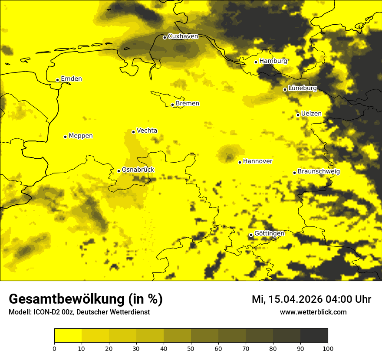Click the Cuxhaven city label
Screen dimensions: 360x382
183,36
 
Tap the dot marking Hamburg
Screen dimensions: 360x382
256,62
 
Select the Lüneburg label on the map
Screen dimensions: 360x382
302,88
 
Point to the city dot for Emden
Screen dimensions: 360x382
57,80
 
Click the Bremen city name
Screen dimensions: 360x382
188,104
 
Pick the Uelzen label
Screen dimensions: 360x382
311,114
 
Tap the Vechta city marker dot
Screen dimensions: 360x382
133,132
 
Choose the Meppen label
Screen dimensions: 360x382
81,136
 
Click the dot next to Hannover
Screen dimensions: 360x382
240,162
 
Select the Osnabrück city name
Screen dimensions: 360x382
138,170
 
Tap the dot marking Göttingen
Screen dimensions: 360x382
251,235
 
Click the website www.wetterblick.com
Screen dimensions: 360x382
313,312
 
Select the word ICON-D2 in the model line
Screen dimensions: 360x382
45,312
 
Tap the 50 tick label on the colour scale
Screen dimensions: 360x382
191,348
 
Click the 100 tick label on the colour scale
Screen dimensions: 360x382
328,348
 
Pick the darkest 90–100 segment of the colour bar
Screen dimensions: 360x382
314,336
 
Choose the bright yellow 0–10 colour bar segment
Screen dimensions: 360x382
68,336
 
